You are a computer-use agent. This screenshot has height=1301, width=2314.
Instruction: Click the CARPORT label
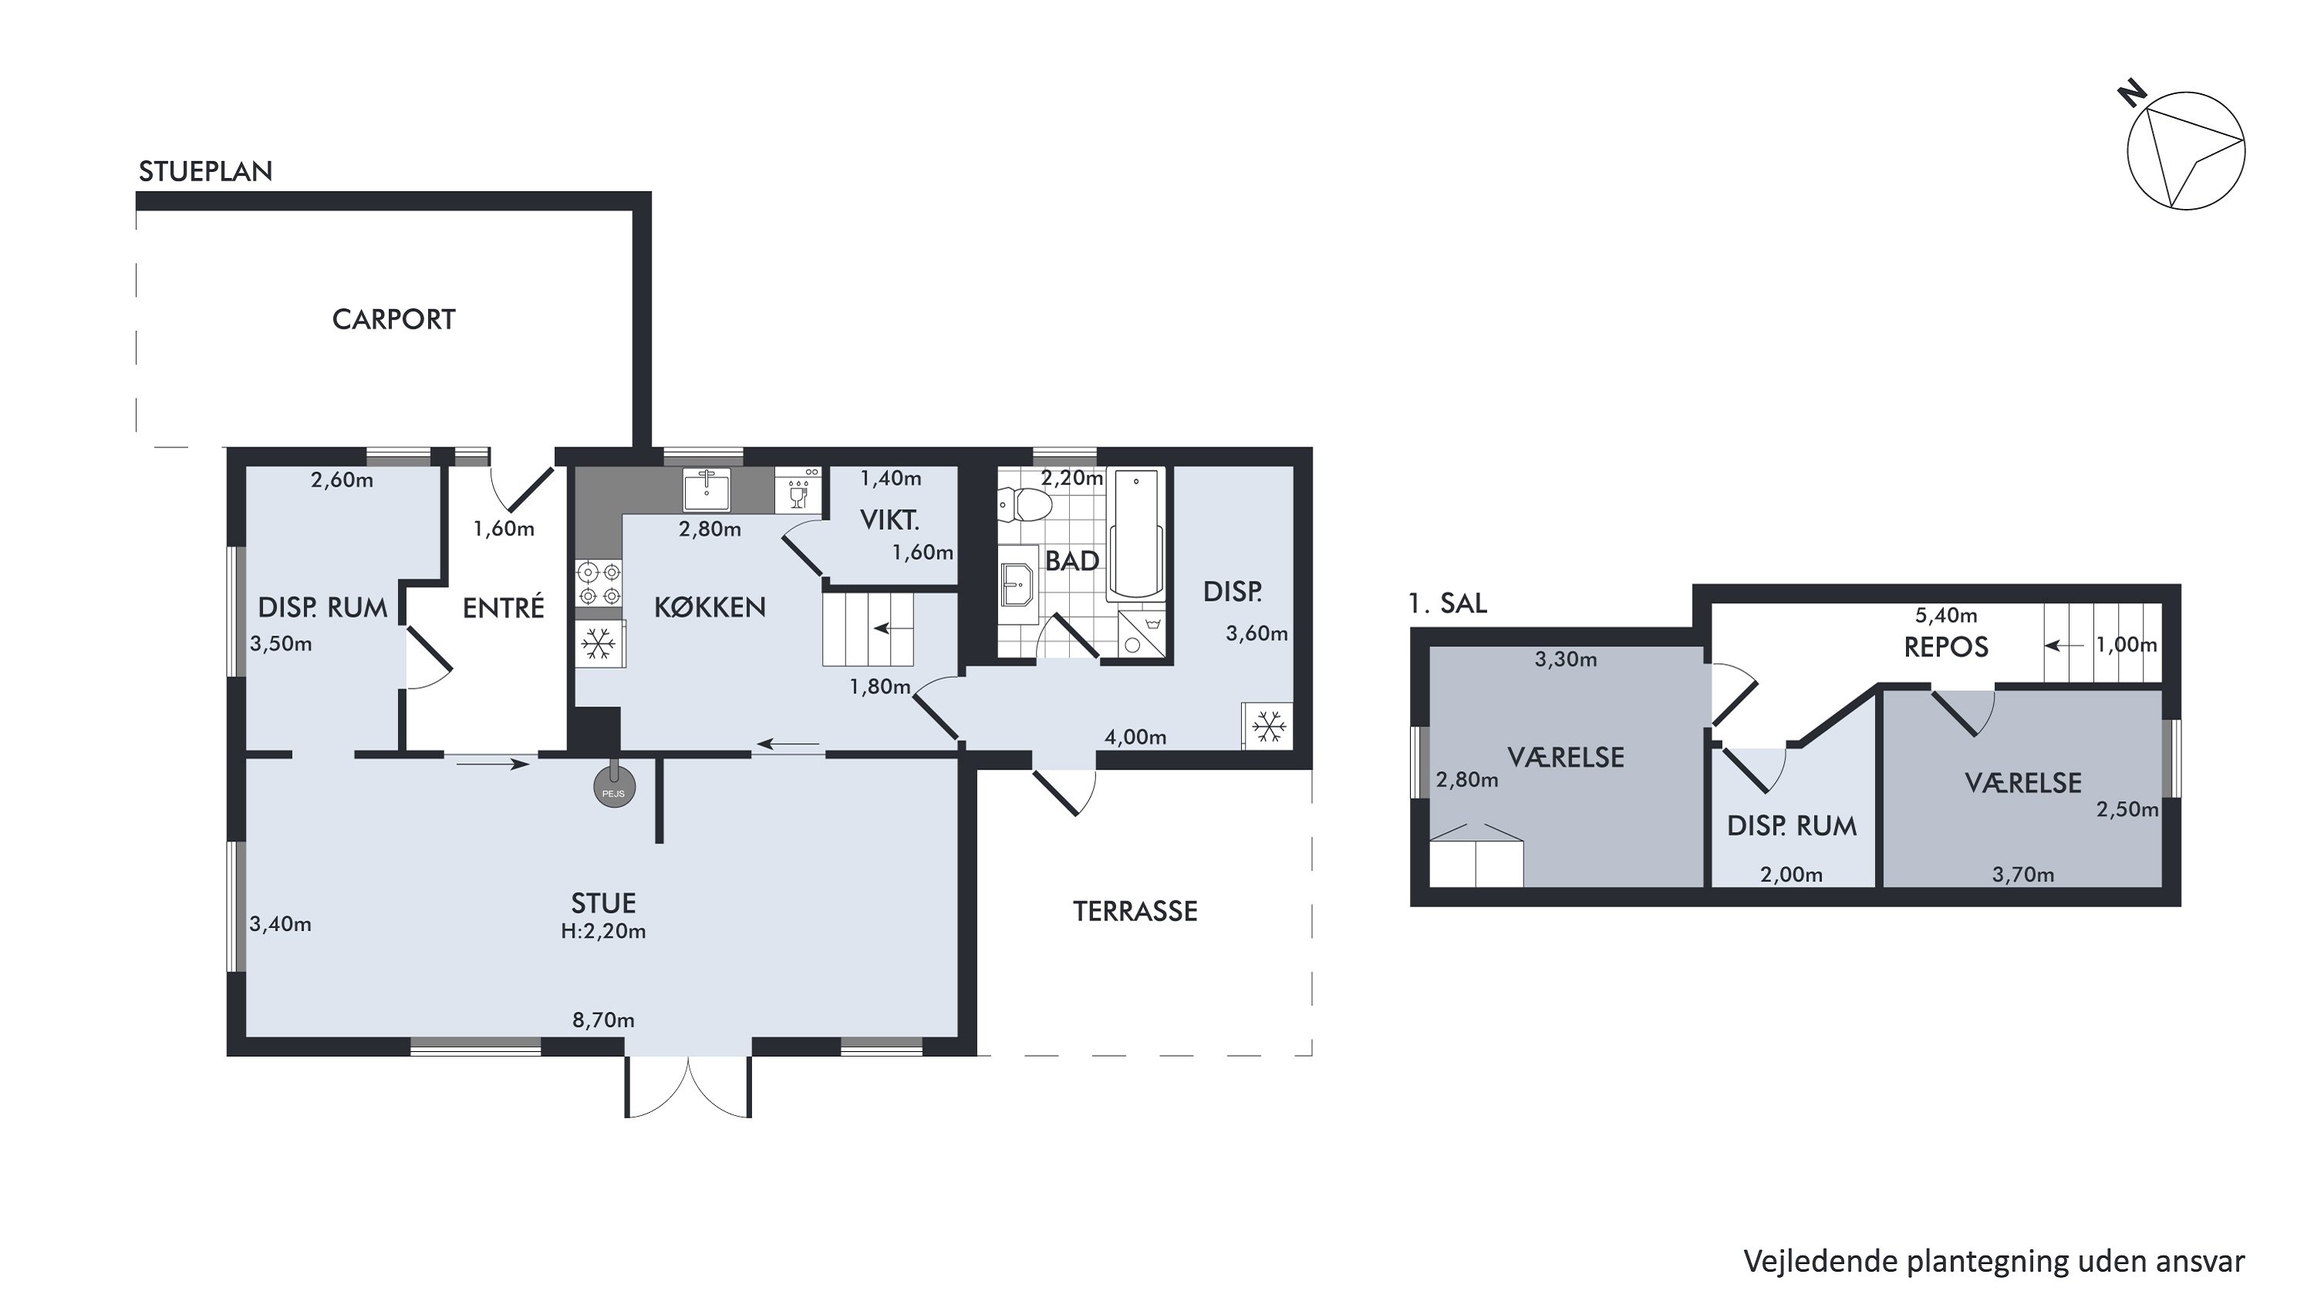point(393,319)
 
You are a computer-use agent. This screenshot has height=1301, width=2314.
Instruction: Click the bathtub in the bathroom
point(1136,534)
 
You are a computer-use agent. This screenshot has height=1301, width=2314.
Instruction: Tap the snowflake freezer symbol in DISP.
point(1268,726)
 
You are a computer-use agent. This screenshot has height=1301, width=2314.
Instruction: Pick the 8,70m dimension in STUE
point(604,1020)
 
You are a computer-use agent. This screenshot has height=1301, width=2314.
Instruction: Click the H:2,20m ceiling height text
point(604,931)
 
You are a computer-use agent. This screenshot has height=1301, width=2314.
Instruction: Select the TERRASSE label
point(1135,912)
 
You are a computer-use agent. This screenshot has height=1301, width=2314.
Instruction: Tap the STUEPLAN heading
point(206,171)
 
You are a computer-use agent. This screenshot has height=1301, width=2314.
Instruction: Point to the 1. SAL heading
point(1448,603)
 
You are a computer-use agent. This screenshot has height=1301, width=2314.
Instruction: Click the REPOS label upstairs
point(1947,647)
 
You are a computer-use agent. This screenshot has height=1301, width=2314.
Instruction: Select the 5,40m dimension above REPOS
point(1947,615)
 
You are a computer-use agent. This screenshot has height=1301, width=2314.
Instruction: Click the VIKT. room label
point(889,520)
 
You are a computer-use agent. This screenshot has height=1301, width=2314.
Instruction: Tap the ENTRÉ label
point(503,608)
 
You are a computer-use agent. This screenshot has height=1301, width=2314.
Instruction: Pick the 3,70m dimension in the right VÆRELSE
point(2023,875)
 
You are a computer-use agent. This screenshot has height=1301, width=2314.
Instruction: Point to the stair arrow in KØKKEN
point(891,628)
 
